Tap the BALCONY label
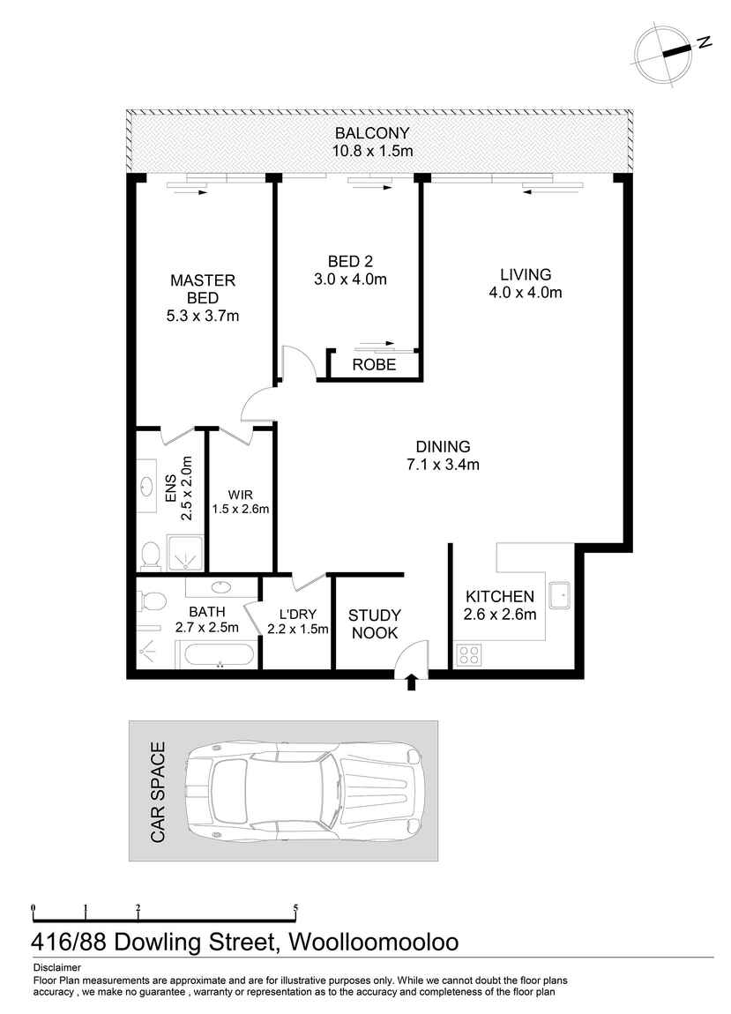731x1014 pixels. (x=372, y=133)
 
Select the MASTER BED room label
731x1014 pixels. (x=203, y=289)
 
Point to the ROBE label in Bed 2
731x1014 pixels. (x=374, y=365)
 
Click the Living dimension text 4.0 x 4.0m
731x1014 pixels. (x=526, y=293)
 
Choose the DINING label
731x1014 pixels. (x=444, y=446)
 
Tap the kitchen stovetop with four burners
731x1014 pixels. (x=468, y=655)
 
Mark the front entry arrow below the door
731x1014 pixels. (x=412, y=682)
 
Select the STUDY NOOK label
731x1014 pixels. (x=375, y=624)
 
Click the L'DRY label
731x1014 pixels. (x=297, y=615)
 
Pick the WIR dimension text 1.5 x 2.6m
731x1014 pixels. (x=241, y=509)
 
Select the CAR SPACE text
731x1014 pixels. (x=158, y=792)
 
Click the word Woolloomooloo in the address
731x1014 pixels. (x=373, y=942)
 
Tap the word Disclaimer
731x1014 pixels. (x=57, y=968)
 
